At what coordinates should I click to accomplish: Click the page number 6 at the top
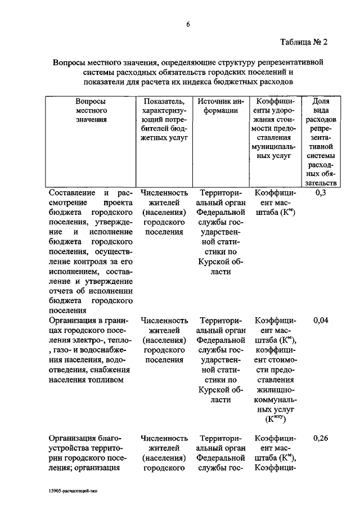click(188, 23)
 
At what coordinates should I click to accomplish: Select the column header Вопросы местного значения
click(91, 110)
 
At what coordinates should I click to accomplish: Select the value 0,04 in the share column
click(321, 321)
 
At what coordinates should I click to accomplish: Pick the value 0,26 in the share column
click(321, 438)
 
